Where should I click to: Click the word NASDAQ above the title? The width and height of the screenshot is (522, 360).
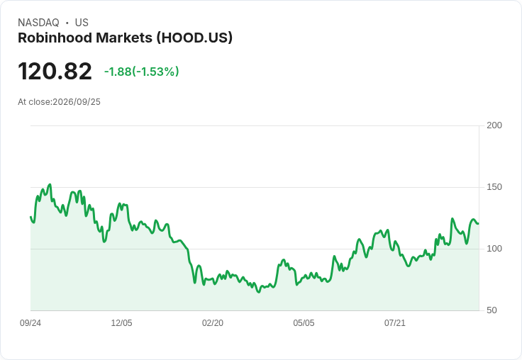38,23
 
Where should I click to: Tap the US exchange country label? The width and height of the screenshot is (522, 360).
82,23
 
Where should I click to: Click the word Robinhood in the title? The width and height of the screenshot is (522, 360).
55,38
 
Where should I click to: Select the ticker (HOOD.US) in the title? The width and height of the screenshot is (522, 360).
194,38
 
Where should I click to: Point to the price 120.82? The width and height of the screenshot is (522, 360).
55,71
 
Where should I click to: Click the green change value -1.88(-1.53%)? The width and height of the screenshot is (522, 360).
141,72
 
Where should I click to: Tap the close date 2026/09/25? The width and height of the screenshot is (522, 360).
77,102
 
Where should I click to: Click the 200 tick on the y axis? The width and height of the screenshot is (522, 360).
494,125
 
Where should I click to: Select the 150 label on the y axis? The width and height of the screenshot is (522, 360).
494,187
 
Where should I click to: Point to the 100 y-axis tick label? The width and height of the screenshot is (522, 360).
494,249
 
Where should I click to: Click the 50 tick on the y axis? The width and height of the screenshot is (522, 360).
492,310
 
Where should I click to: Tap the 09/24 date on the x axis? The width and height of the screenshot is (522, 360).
30,322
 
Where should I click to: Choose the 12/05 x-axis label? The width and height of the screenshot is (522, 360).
121,322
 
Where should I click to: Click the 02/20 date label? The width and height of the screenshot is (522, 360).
213,322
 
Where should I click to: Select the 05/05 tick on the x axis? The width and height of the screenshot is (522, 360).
304,322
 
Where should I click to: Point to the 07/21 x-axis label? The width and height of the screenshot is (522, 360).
395,322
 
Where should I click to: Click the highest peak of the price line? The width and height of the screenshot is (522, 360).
50,184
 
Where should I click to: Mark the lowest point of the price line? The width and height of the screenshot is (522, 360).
259,292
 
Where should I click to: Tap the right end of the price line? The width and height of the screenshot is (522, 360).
479,224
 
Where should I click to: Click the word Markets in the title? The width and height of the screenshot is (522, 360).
124,38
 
